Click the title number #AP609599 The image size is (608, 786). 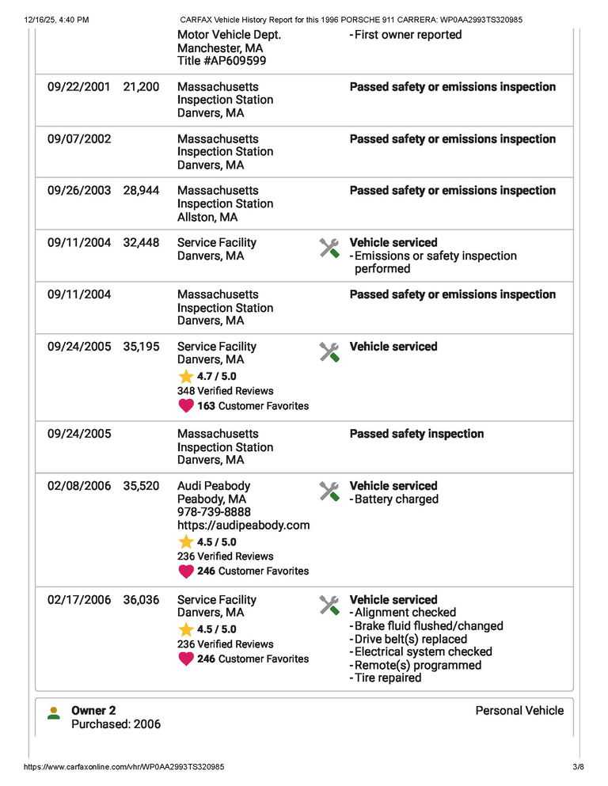pyautogui.click(x=221, y=61)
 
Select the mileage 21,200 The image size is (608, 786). pyautogui.click(x=141, y=87)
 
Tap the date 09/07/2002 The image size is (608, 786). pyautogui.click(x=79, y=139)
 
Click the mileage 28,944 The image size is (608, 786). pyautogui.click(x=141, y=191)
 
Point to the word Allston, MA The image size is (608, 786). pyautogui.click(x=207, y=217)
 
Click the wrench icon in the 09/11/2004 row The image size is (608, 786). pyautogui.click(x=329, y=249)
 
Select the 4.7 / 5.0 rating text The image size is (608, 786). pyautogui.click(x=216, y=377)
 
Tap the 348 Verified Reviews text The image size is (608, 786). pyautogui.click(x=225, y=391)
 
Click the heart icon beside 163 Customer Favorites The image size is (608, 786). pyautogui.click(x=186, y=406)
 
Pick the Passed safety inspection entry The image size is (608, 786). pyautogui.click(x=416, y=434)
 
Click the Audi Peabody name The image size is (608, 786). pyautogui.click(x=214, y=486)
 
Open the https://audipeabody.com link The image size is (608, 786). pyautogui.click(x=243, y=525)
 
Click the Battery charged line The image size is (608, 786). pyautogui.click(x=396, y=499)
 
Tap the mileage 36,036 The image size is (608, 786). pyautogui.click(x=141, y=600)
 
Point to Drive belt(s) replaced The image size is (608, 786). pyautogui.click(x=410, y=639)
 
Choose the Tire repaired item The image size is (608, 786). pyautogui.click(x=388, y=678)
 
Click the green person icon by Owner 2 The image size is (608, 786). pyautogui.click(x=54, y=713)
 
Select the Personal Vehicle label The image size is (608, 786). pyautogui.click(x=519, y=711)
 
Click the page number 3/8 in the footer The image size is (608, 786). pyautogui.click(x=577, y=767)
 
